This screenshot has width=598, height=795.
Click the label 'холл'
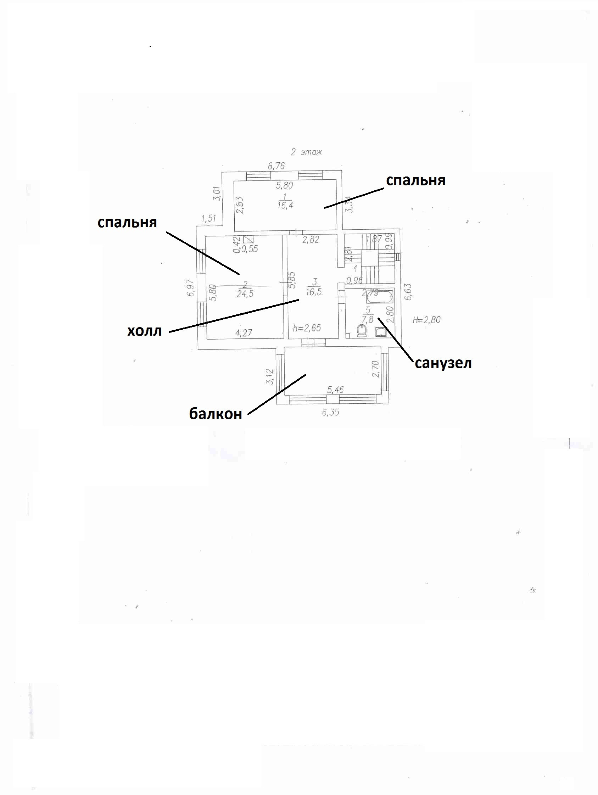point(145,331)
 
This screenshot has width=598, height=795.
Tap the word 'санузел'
point(443,363)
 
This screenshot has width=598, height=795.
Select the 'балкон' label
point(215,414)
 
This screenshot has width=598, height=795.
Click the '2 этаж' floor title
point(306,152)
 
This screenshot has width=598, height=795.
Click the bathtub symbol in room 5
point(380,297)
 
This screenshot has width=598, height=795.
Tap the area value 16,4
point(285,205)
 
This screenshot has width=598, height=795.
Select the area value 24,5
point(245,293)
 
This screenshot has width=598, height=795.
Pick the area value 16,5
point(313,291)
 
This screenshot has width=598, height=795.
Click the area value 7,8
point(368,319)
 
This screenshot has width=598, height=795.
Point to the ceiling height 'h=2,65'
point(307,328)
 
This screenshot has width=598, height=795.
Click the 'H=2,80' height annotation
point(426,319)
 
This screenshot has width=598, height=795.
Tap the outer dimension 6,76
point(276,166)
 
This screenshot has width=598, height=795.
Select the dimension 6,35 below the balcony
point(330,412)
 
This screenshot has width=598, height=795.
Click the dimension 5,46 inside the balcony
point(335,390)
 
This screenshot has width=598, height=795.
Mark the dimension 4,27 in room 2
point(243,333)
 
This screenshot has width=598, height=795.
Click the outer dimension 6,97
point(190,288)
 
